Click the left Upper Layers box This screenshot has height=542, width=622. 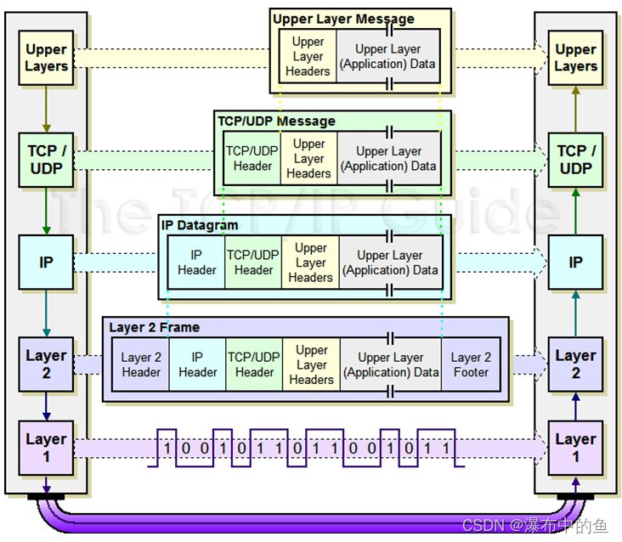(46, 58)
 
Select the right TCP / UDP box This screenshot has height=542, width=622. (575, 160)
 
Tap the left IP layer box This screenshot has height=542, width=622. (46, 262)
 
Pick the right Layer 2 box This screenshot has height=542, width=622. (575, 364)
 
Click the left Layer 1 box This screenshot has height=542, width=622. (46, 448)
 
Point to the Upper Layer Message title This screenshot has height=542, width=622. (343, 19)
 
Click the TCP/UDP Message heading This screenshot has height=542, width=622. (277, 121)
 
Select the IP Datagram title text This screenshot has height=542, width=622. (200, 225)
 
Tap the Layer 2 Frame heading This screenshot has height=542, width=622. (155, 327)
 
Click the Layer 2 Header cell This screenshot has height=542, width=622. (141, 365)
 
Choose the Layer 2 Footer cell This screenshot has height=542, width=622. (471, 365)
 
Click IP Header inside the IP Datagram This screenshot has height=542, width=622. (197, 263)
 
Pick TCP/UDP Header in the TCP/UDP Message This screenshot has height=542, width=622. (252, 159)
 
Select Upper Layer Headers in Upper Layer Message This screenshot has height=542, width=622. (308, 57)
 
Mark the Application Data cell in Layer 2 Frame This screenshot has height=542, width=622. (391, 365)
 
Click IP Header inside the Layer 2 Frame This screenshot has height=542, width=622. (198, 365)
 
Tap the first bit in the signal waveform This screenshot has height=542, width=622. (168, 448)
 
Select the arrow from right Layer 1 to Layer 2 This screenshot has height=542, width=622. (575, 406)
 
